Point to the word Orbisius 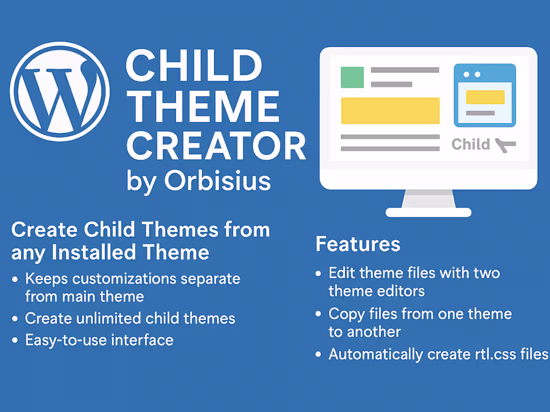point(217,181)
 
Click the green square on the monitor point(352,77)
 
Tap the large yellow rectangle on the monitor point(390,110)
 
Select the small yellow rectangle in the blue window point(485,97)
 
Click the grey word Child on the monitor point(470,144)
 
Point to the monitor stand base point(428,212)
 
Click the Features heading point(358,244)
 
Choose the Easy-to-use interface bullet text point(99,340)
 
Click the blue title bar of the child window point(484,74)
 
